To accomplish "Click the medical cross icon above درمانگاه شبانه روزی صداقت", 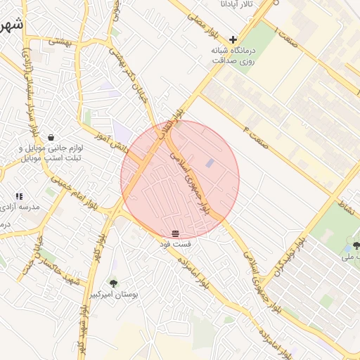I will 233,39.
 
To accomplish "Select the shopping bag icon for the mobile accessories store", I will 51,137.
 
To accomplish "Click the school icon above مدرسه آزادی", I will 19,196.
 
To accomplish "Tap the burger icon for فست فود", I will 174,233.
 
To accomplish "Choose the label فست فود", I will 174,243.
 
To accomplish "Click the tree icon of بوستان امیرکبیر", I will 113,283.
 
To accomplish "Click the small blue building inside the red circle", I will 210,164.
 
